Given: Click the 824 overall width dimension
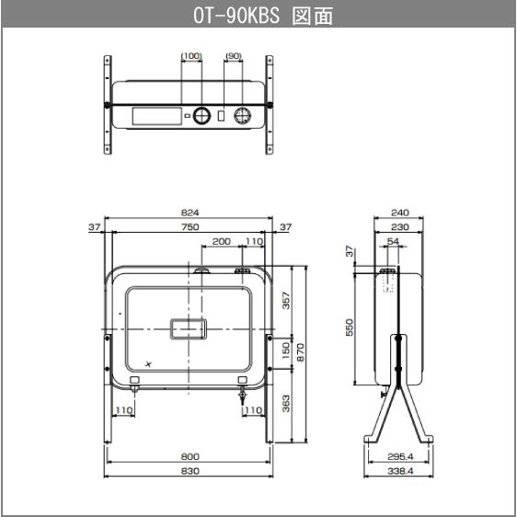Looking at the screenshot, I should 190,213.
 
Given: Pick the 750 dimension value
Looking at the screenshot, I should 190,226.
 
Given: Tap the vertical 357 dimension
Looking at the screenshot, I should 285,300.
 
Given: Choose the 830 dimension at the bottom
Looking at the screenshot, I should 190,470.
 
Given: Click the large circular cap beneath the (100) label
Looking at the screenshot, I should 204,116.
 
